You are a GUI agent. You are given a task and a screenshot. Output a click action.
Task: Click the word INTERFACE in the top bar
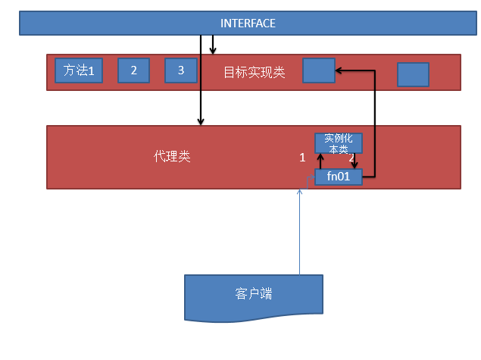248,23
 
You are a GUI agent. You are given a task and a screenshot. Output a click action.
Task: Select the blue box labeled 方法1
78,70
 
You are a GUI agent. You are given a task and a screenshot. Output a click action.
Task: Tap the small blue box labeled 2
133,70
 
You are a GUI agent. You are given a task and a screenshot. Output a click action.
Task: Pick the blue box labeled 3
181,70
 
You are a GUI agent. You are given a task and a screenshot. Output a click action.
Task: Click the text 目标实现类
254,73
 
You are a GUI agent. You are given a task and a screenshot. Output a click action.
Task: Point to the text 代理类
172,157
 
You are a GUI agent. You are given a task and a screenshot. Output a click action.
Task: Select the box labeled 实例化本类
339,143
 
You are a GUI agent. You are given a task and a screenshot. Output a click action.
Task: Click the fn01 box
339,177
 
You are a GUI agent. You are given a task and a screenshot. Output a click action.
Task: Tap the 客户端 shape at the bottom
254,294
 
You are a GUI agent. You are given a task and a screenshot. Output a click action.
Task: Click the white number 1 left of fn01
302,158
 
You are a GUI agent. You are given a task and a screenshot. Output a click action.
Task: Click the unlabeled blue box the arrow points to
318,70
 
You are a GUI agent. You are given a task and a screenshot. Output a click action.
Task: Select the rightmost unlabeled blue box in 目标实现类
413,74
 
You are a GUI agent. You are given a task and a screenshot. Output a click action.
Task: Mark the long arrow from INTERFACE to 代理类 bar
201,83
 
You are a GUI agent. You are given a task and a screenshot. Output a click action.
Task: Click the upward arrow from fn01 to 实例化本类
320,161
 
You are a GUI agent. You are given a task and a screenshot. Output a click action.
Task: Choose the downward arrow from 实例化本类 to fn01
355,161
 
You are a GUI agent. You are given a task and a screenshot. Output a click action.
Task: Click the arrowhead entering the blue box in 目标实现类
339,70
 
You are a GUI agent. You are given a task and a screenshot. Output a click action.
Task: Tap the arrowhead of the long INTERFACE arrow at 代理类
201,121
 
